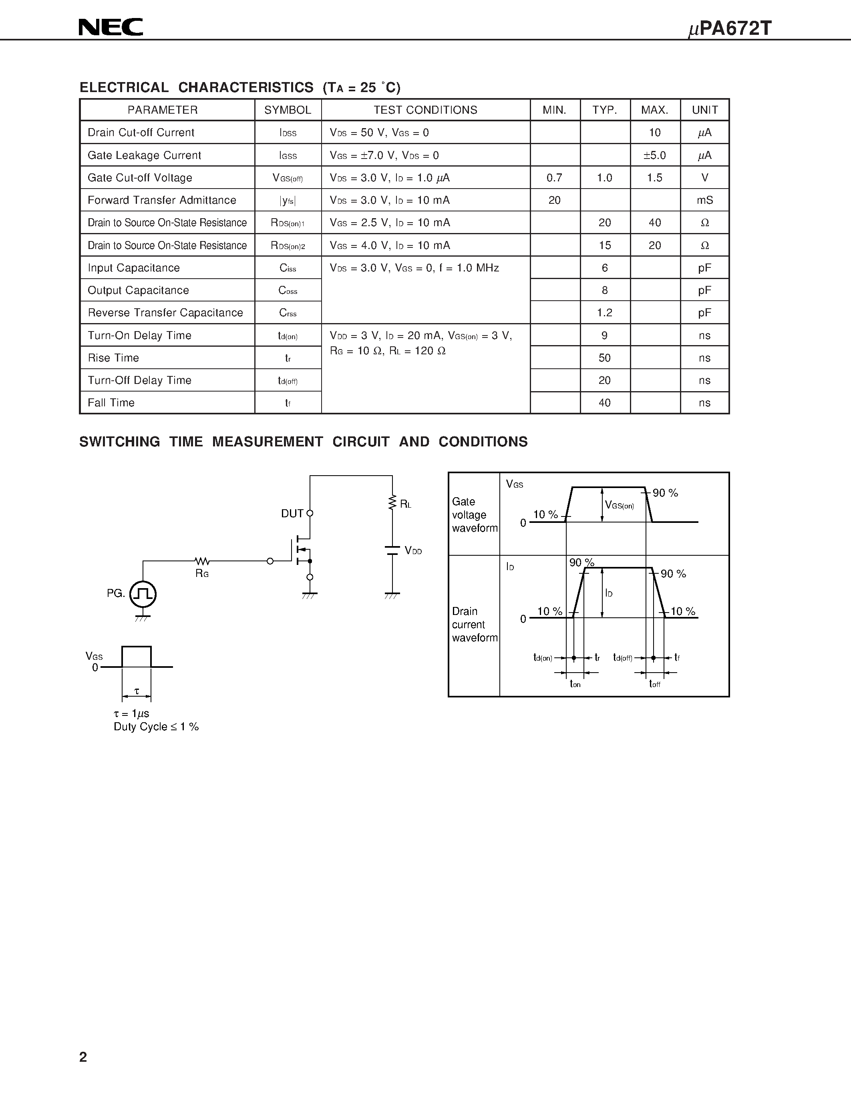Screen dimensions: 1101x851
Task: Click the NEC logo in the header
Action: [111, 27]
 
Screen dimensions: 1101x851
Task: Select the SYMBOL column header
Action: [288, 110]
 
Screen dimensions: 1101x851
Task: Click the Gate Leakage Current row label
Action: [144, 155]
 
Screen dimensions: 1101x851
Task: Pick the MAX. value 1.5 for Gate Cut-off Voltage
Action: [654, 177]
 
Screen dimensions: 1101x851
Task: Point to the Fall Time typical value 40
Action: [604, 403]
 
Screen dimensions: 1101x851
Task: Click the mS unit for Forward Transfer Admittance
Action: [705, 200]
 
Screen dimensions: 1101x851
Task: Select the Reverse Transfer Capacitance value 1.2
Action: [604, 313]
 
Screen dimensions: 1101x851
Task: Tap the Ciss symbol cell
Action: [288, 268]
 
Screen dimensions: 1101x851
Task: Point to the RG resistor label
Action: [202, 574]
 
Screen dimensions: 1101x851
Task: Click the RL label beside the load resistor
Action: [405, 504]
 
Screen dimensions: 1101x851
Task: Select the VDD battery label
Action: [413, 550]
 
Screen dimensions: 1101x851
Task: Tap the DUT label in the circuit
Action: [292, 513]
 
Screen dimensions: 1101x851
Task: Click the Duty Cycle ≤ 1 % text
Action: [156, 726]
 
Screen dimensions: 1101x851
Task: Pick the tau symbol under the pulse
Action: [137, 691]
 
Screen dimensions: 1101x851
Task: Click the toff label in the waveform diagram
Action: [654, 683]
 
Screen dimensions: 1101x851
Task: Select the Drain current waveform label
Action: [475, 624]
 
